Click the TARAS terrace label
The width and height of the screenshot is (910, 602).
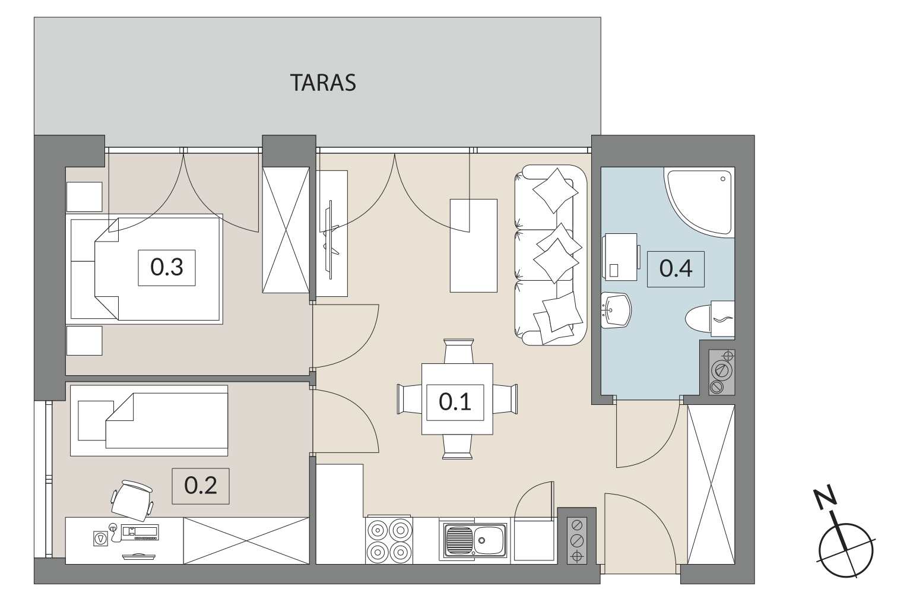(323, 83)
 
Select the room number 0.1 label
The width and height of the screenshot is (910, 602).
(455, 402)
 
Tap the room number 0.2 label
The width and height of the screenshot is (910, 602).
(201, 486)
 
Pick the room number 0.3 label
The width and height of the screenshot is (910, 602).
(167, 268)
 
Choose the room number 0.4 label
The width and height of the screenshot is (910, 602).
(676, 269)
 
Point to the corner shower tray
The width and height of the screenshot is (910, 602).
(699, 202)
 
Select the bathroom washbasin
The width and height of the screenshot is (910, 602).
(616, 310)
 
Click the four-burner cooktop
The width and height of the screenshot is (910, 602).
(389, 541)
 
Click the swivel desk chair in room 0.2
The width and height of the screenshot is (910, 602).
(132, 500)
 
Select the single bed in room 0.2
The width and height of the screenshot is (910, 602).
(149, 420)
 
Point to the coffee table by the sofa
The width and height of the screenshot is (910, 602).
(474, 245)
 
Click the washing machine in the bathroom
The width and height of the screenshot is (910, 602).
(620, 257)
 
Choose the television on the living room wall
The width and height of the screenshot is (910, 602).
(331, 240)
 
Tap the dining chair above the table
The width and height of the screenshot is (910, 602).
(459, 351)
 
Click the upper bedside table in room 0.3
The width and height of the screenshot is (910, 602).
(84, 197)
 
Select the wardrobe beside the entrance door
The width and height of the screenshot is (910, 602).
(711, 484)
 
